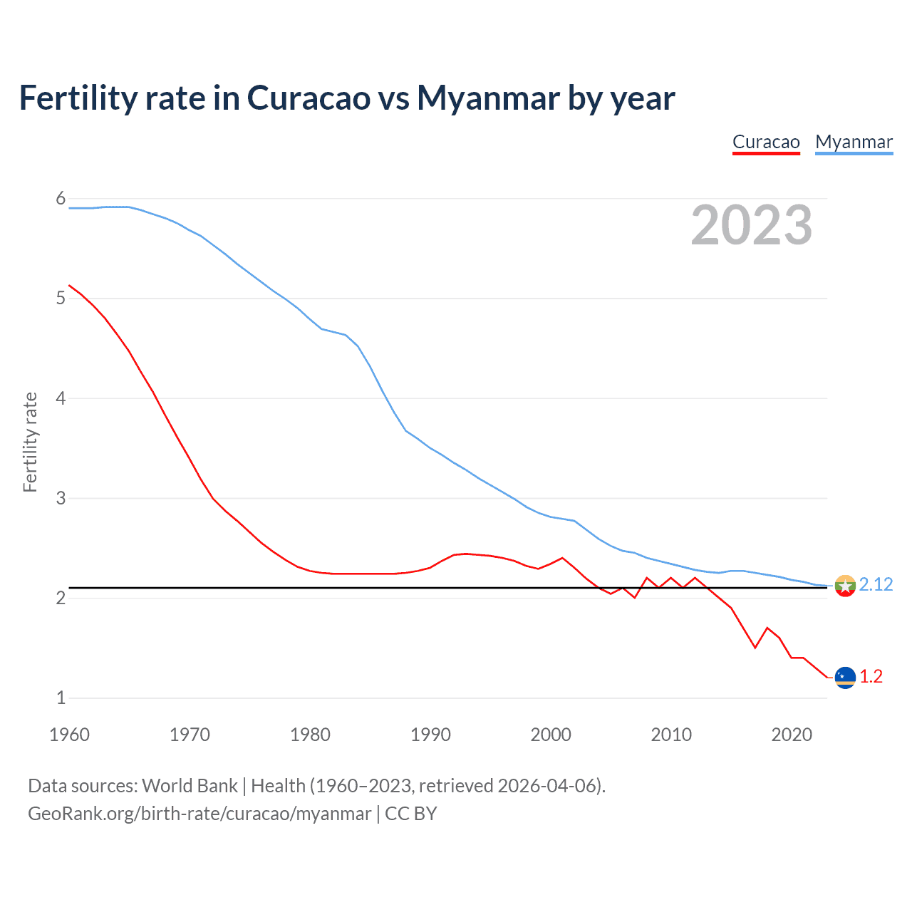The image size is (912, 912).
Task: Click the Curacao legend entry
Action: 766,142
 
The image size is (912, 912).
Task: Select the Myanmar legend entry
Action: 854,142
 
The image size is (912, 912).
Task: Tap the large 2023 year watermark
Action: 751,225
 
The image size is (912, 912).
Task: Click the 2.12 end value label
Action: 876,584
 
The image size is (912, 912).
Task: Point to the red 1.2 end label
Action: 871,676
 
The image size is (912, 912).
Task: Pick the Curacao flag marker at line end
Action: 845,678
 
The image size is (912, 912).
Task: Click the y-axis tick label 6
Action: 61,198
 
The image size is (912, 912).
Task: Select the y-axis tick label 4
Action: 61,398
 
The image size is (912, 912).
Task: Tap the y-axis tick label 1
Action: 61,698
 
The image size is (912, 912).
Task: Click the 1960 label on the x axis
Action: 69,735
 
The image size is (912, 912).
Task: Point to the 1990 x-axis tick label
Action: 430,735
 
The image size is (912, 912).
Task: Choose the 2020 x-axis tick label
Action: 792,735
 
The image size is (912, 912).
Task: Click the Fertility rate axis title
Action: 30,442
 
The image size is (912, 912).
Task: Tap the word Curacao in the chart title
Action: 309,98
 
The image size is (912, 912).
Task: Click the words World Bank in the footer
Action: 190,786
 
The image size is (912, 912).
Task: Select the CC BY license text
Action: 410,814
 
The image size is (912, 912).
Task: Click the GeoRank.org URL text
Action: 199,814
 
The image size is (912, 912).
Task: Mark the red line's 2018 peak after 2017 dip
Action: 767,628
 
